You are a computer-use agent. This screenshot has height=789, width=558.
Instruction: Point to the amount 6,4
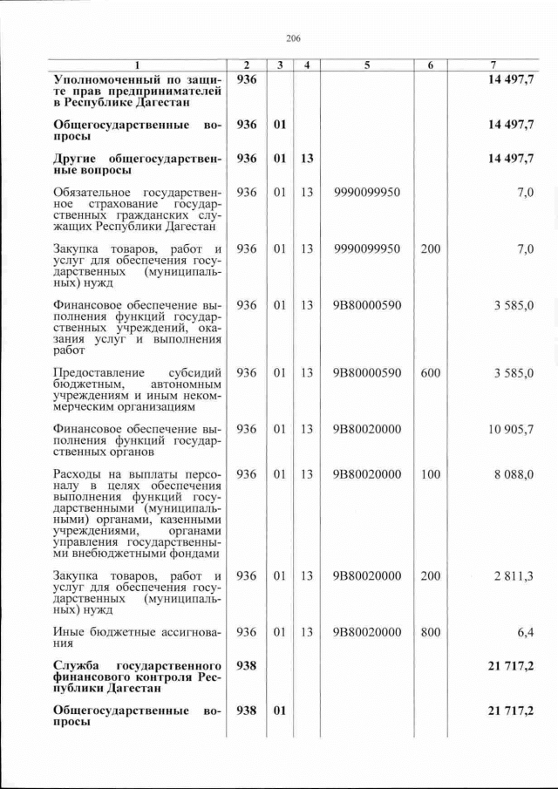523,632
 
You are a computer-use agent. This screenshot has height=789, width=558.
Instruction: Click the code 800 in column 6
431,632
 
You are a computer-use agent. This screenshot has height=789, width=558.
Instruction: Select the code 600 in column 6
431,373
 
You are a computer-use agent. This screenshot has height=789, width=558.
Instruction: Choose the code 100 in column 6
431,474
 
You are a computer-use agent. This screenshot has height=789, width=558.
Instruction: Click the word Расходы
78,474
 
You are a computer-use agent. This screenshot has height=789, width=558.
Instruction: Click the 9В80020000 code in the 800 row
367,632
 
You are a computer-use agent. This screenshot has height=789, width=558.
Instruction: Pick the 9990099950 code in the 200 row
367,248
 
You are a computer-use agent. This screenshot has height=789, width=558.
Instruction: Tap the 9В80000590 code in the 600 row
367,373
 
